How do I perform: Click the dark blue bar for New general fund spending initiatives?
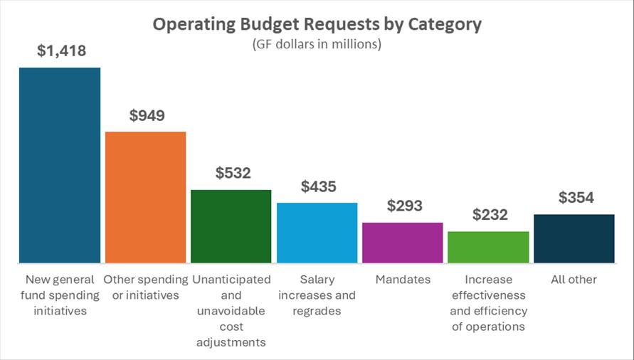pos(60,165)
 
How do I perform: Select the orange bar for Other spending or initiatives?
pos(145,197)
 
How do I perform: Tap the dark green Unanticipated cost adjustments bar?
pos(231,226)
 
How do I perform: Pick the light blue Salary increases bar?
pos(317,233)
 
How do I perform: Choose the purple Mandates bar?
pos(403,243)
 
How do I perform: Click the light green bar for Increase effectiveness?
pos(488,247)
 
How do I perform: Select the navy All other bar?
pos(574,238)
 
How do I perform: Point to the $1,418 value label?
pos(60,51)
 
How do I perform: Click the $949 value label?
pos(147,115)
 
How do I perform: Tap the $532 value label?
pos(232,173)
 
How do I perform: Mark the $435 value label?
pos(318,186)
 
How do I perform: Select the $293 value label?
pos(404,206)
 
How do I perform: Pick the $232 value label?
pos(490,215)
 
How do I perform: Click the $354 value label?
pos(576,198)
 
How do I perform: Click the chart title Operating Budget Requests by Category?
pos(317,24)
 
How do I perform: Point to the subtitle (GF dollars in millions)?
pos(317,43)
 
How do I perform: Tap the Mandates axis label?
pos(403,280)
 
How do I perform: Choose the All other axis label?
pos(574,280)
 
